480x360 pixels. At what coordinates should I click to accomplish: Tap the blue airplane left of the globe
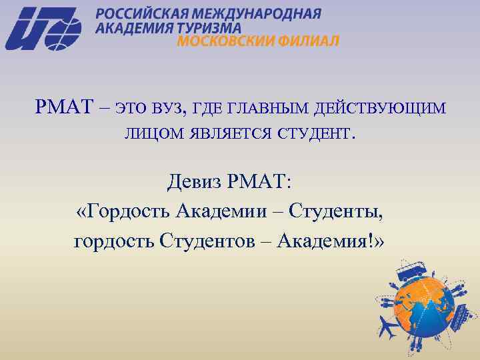[x=389, y=327]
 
